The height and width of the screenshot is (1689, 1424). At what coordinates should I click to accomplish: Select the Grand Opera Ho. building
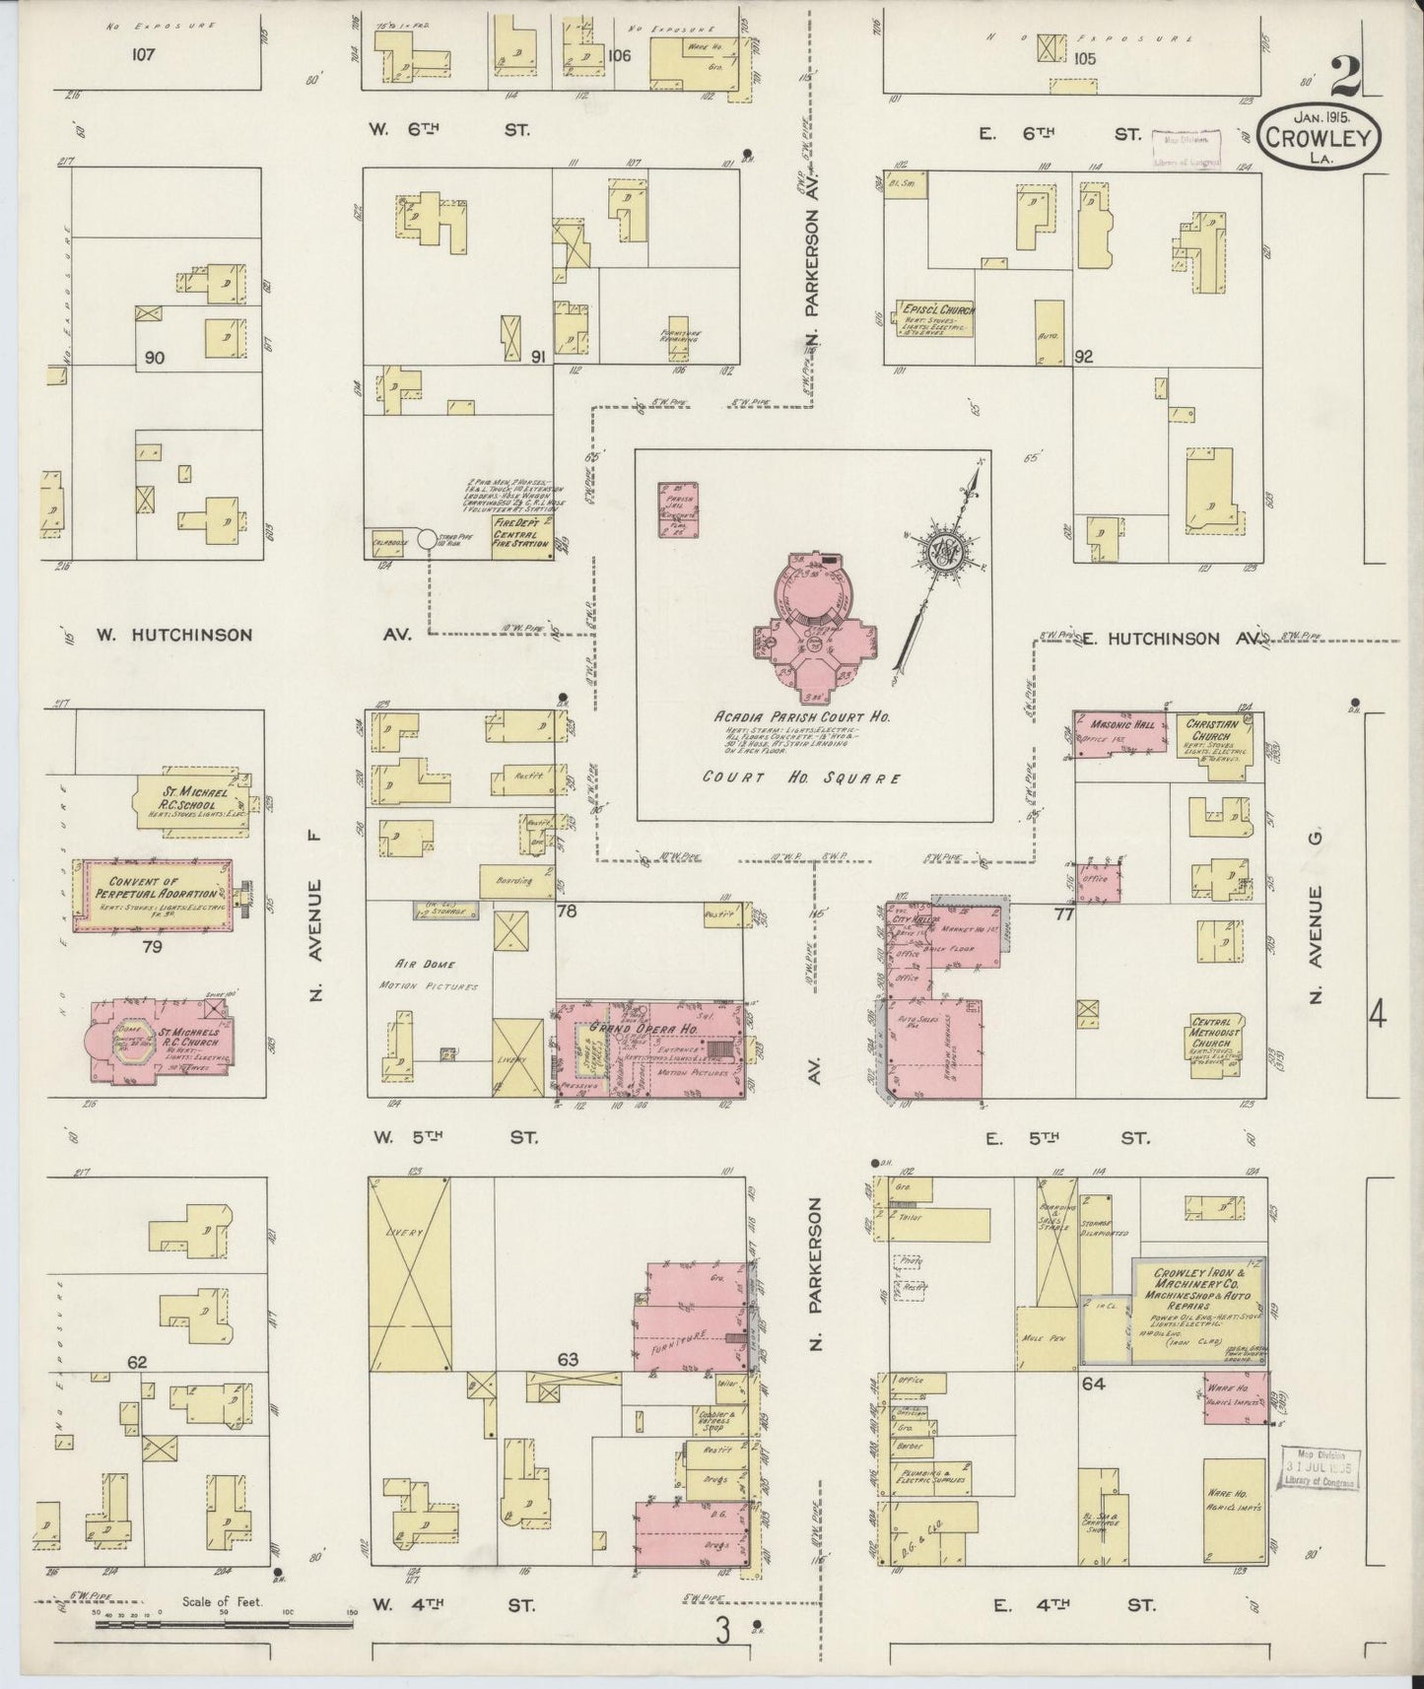click(650, 1049)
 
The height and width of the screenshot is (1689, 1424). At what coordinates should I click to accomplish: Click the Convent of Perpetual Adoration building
click(156, 895)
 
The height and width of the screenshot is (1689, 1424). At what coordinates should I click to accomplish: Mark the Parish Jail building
click(678, 509)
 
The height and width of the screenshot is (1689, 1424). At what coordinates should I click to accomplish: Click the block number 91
click(538, 358)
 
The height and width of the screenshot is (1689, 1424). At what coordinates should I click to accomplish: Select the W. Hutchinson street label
click(173, 636)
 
